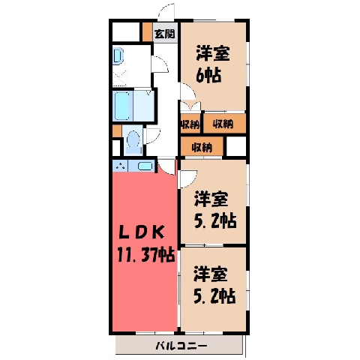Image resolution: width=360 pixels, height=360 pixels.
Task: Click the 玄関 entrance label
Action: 164,34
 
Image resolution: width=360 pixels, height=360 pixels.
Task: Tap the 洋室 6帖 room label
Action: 212,64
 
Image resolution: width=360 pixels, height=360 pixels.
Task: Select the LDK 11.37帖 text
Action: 145,243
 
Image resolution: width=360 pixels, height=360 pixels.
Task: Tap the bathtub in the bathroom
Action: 122,106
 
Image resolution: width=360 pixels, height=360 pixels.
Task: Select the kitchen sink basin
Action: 145,166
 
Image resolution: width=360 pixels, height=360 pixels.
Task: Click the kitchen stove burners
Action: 121,166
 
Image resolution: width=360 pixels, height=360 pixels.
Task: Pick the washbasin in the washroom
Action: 118,56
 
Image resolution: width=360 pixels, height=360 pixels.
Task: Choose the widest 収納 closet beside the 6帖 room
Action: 224,123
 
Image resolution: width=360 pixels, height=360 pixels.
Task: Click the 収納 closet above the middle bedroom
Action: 202,146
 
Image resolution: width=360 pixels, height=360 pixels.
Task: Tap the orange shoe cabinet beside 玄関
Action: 147,32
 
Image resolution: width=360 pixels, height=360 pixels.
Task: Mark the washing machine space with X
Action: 120,77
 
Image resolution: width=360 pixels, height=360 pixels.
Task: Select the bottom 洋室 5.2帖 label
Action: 214,286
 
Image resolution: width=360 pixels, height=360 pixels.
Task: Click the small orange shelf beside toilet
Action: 117,131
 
